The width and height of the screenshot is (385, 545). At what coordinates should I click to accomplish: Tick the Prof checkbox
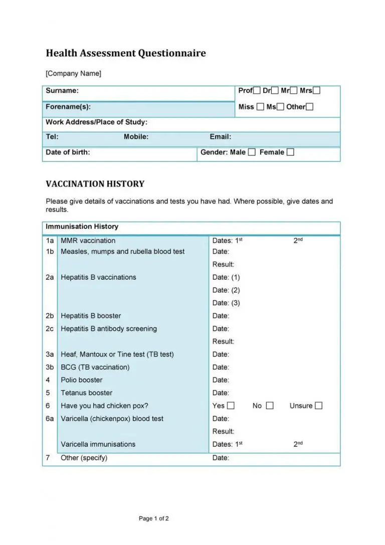coord(257,91)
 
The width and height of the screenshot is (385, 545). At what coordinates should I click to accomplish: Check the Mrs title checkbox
coord(316,91)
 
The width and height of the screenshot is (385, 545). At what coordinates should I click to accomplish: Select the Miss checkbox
coord(260,107)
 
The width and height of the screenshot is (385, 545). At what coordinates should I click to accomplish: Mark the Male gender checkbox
coord(252,152)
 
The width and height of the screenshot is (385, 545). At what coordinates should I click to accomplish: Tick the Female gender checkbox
coord(290,152)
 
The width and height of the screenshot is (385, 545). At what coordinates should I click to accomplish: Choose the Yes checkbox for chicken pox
coord(231,406)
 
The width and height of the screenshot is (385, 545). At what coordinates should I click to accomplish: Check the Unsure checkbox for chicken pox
coord(318,406)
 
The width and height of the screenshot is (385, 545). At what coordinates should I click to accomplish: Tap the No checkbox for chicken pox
coord(270,406)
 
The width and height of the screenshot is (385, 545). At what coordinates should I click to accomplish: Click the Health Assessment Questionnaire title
coord(126,53)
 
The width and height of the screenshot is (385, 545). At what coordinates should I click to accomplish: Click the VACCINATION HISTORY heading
coord(95,184)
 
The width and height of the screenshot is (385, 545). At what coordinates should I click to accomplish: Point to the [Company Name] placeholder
coord(73,74)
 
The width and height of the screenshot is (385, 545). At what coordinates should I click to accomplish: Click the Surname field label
coord(62,91)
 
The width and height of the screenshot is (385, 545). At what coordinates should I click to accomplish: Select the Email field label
coord(221,137)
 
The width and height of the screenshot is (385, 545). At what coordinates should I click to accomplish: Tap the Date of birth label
coord(68,152)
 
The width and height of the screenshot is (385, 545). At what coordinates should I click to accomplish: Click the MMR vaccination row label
coord(88,241)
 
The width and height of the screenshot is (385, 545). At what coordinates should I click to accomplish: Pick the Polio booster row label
coord(82,380)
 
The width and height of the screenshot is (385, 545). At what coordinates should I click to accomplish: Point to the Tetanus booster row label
coord(86,393)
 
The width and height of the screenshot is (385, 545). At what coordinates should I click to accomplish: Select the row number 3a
coord(50,354)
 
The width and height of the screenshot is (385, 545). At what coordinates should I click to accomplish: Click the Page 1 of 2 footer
coord(154,518)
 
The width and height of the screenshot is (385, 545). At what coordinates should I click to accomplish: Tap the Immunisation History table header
coord(82,227)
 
